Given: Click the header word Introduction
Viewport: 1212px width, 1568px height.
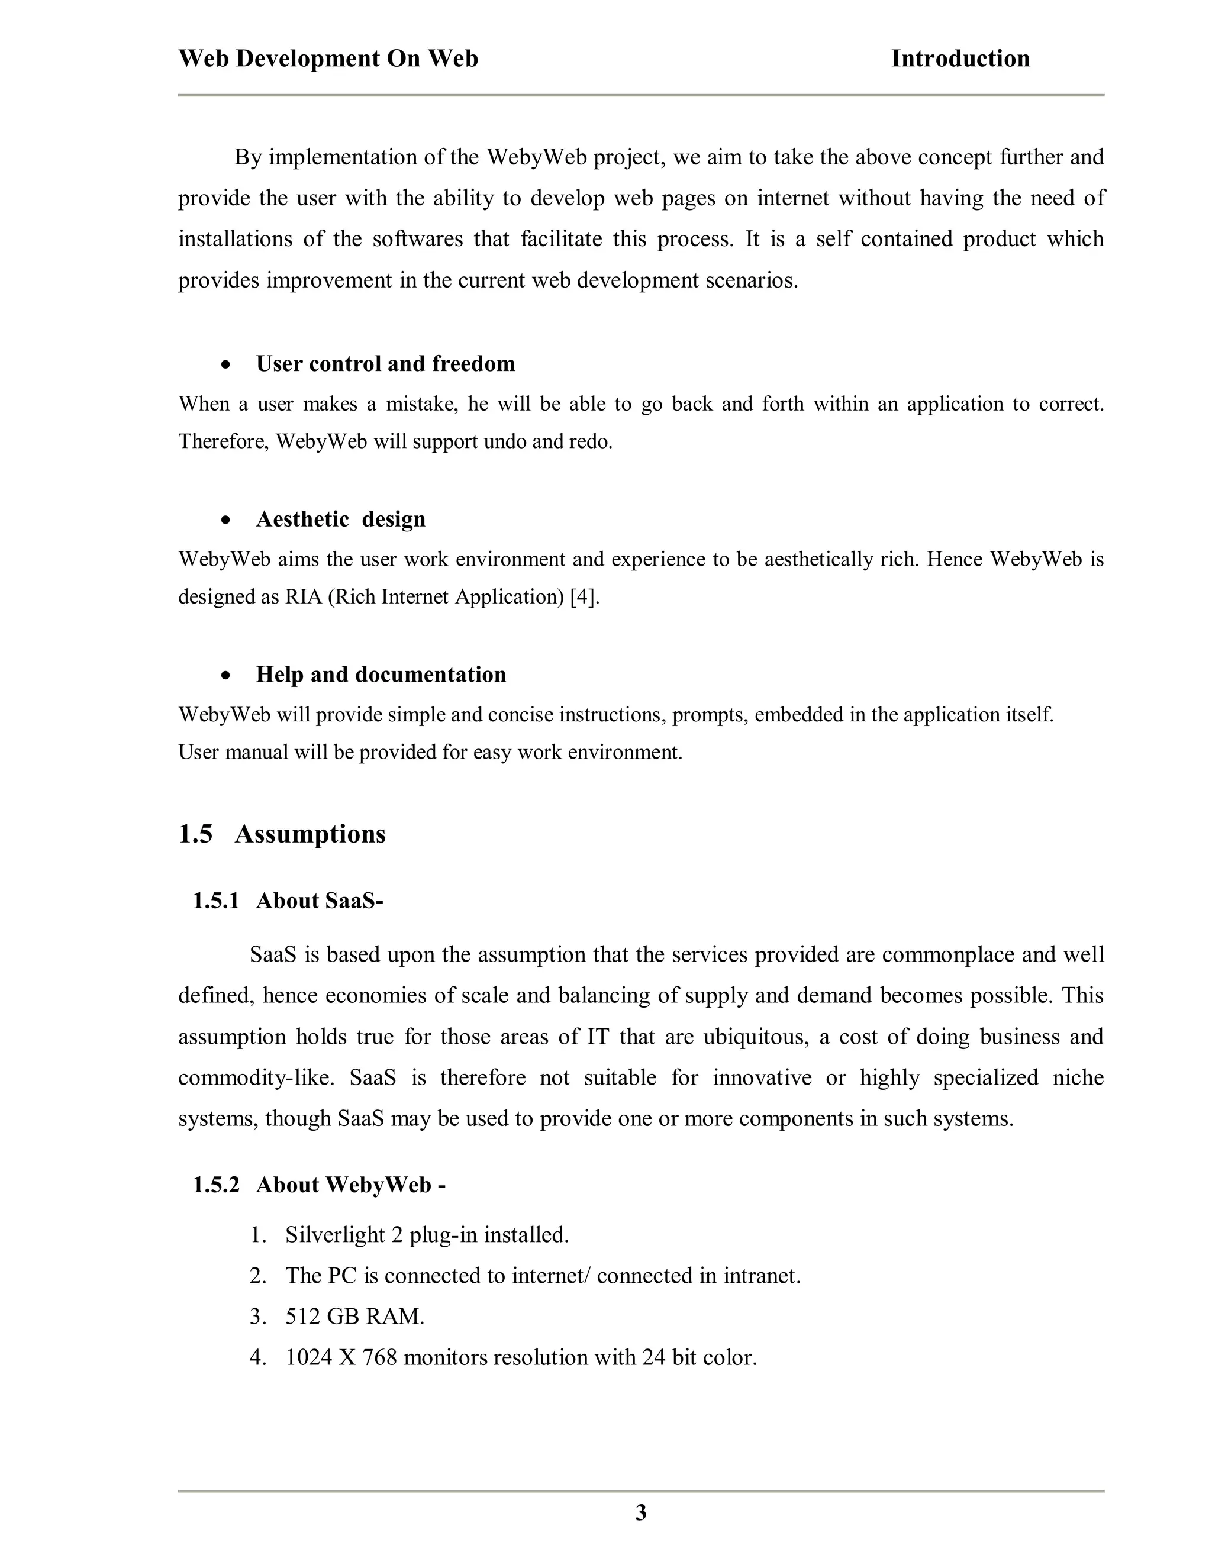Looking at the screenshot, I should [960, 59].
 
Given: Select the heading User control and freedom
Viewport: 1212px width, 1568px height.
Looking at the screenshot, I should [386, 364].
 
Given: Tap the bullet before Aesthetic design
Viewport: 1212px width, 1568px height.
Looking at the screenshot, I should [226, 520].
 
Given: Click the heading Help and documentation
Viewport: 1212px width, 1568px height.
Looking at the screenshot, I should [381, 675].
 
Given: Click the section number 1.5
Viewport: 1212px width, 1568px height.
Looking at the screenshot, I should [195, 834].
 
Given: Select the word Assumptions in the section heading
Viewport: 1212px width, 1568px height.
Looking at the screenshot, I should [310, 834].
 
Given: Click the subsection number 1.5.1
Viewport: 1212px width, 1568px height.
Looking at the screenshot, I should [215, 901].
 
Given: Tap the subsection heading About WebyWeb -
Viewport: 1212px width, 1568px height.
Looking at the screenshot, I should [350, 1185].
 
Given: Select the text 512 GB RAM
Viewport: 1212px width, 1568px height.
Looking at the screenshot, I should [354, 1317].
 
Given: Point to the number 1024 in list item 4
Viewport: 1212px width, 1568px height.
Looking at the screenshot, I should [309, 1357].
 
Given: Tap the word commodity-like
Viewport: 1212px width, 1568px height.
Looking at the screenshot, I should [256, 1078].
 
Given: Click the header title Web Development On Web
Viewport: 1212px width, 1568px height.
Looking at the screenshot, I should [328, 59].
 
